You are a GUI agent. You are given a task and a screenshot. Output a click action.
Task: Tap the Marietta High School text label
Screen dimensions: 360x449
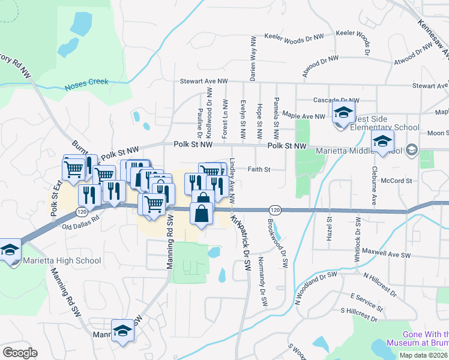(x=62, y=261)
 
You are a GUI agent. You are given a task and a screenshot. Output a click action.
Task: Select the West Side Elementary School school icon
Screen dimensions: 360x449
(x=344, y=113)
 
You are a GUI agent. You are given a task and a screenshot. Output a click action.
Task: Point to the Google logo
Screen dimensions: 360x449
(x=20, y=353)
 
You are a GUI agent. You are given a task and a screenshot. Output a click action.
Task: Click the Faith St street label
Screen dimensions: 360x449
(x=258, y=169)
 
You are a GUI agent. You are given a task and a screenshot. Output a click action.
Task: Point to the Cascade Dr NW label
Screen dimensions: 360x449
(x=336, y=100)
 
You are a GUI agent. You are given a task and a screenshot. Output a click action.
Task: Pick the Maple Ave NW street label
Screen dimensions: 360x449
(x=303, y=116)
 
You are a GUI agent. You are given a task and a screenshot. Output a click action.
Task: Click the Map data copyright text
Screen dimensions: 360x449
(x=424, y=355)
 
